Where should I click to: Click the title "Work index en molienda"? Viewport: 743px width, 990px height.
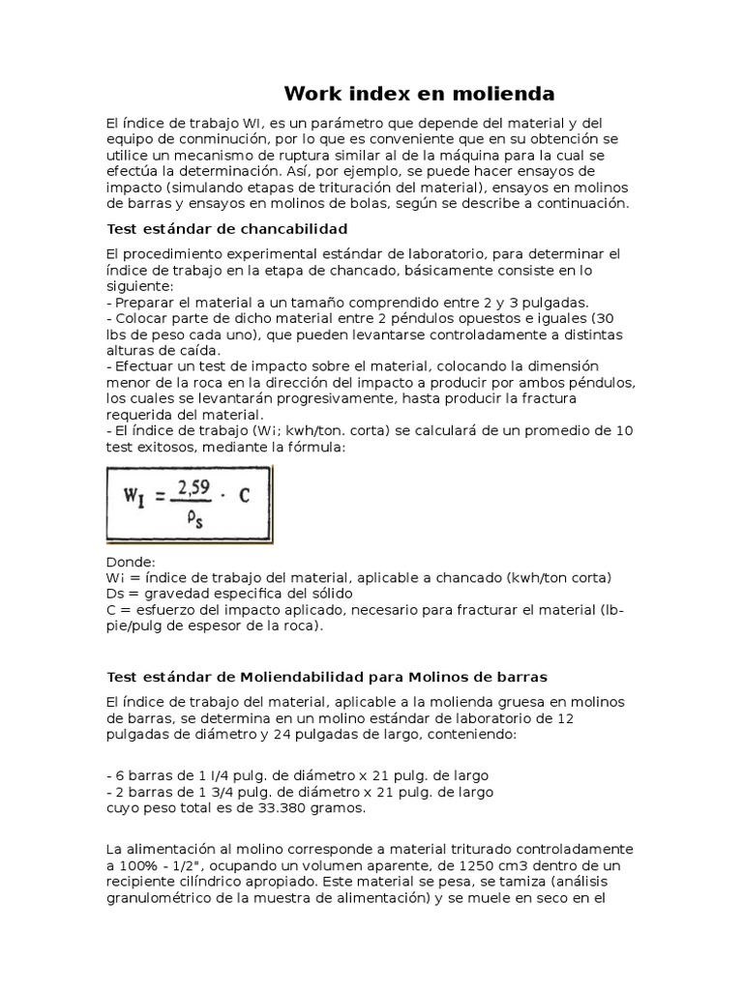coord(419,94)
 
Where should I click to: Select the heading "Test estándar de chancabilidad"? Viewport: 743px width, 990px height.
coord(225,228)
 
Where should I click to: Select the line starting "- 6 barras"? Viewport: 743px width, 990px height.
coord(296,775)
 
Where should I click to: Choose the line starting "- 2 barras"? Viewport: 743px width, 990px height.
coord(299,792)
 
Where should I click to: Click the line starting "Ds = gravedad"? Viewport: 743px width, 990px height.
coord(228,593)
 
